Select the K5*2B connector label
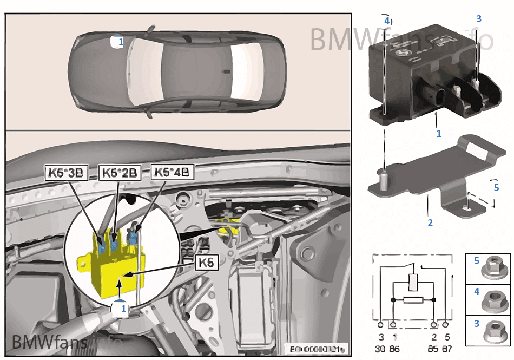pyautogui.click(x=121, y=173)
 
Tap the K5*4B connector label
pyautogui.click(x=172, y=172)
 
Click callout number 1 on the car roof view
pyautogui.click(x=120, y=42)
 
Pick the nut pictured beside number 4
pyautogui.click(x=493, y=298)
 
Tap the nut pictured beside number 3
pyautogui.click(x=493, y=330)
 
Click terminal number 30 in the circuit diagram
pyautogui.click(x=381, y=349)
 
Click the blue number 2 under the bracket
pyautogui.click(x=430, y=222)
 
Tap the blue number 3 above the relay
pyautogui.click(x=478, y=19)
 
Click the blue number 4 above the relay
pyautogui.click(x=386, y=21)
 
